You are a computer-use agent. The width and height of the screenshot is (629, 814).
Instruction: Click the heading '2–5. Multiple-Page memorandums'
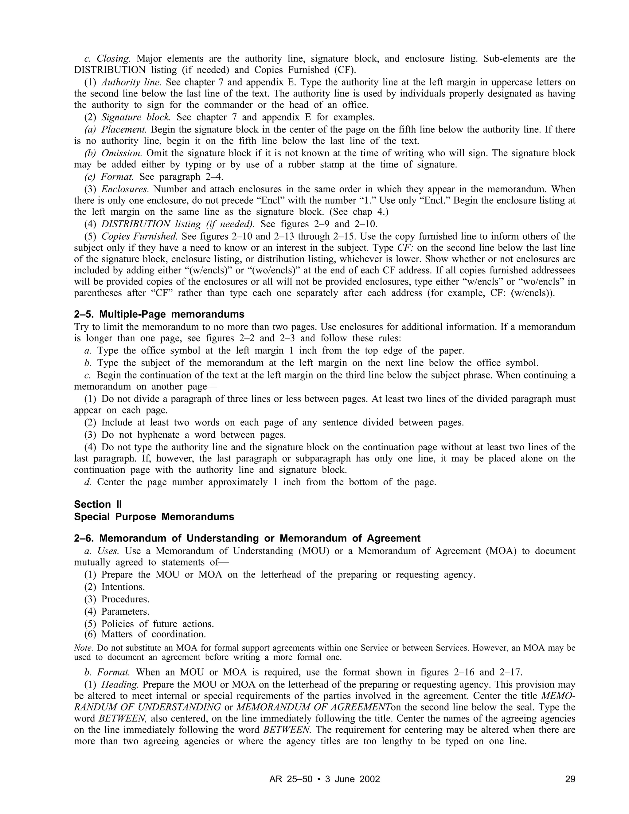(159, 314)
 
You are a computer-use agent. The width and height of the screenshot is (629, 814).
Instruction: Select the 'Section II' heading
(98, 504)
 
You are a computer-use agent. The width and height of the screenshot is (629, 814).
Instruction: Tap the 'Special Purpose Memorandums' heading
(154, 517)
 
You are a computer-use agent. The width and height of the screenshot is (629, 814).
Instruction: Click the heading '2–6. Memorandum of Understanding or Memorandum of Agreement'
(247, 538)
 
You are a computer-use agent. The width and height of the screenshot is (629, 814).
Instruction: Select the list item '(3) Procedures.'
(117, 599)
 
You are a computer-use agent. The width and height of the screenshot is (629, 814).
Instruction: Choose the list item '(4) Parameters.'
(117, 612)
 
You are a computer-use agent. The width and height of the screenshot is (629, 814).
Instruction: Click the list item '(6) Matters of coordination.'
(145, 634)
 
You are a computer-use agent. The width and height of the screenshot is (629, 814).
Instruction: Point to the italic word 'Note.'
(84, 648)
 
